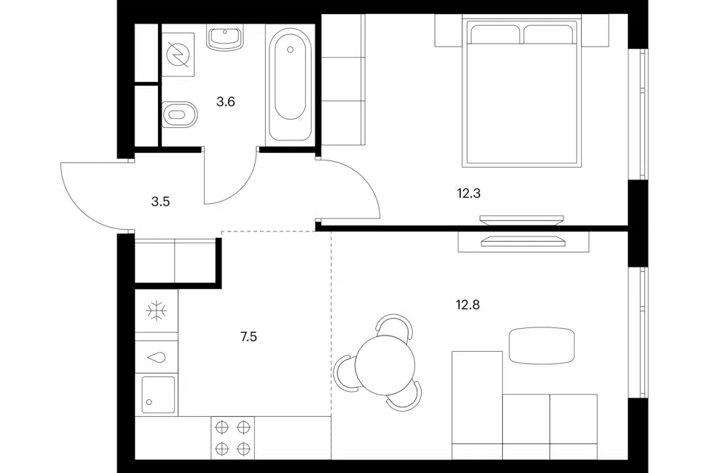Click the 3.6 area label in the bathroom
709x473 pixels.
point(225,102)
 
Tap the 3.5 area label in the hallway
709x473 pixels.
point(160,202)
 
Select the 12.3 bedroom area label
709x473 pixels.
point(468,194)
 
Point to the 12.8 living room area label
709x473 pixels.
point(467,304)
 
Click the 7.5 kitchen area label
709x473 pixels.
point(249,336)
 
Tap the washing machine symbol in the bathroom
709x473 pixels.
point(178,54)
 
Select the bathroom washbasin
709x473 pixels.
point(225,37)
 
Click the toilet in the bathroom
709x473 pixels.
point(179,115)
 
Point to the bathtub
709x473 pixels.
point(290,84)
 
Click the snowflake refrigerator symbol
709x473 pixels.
point(157,311)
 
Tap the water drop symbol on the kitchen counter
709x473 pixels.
point(157,357)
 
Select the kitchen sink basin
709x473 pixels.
point(158,394)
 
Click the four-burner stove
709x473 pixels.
point(233,438)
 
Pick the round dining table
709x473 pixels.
point(385,365)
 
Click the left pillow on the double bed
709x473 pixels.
point(495,35)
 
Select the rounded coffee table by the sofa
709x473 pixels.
point(541,346)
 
